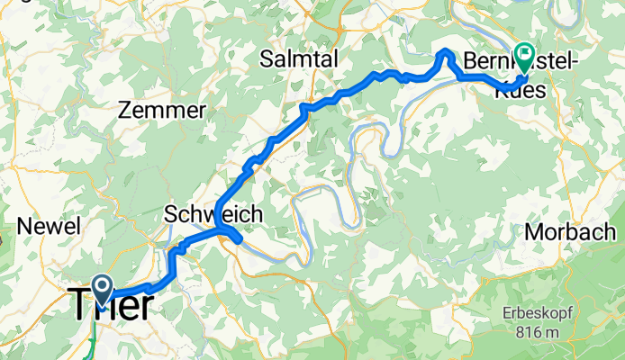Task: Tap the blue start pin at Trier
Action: (101, 289)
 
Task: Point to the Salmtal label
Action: (298, 59)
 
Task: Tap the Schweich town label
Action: (213, 214)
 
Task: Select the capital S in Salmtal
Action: (266, 59)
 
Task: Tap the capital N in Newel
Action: (34, 226)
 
